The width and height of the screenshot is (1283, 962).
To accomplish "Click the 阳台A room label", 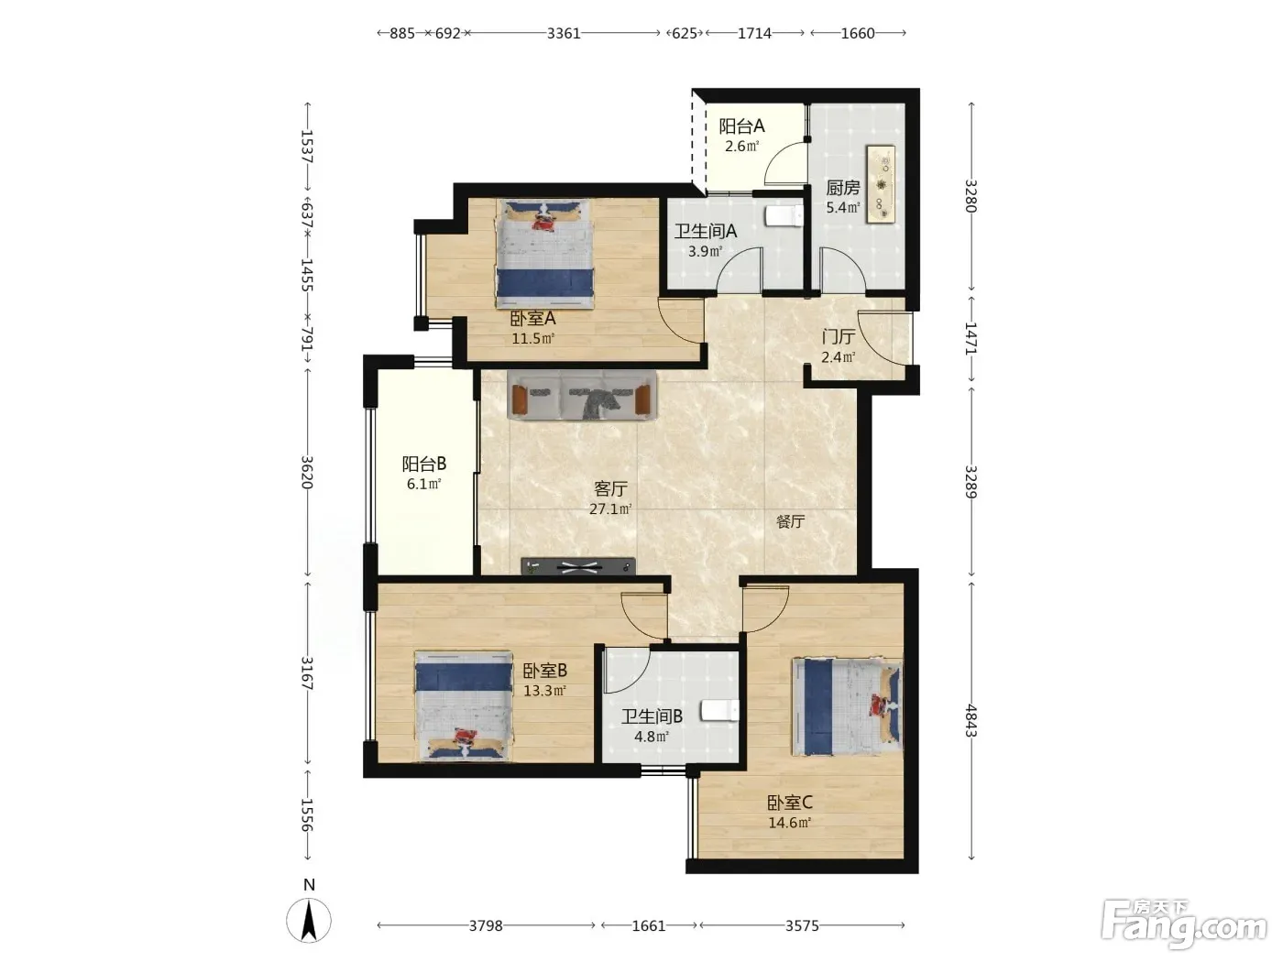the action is (741, 126).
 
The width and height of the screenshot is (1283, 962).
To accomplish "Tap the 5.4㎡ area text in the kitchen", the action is (842, 207).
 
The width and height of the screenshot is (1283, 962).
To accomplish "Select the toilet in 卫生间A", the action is (784, 215).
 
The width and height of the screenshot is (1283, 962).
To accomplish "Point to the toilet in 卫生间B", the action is (720, 711).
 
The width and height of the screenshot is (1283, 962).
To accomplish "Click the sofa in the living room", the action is (582, 395).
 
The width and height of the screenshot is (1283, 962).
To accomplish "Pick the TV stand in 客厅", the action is (578, 566).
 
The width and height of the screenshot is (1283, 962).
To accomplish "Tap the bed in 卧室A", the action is (544, 254).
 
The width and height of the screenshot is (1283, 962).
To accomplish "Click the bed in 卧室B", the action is (464, 706).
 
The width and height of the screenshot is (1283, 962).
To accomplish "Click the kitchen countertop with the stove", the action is (881, 184).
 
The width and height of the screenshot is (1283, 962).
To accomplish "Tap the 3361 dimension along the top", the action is (564, 33).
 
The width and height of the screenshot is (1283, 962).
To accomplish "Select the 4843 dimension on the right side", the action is (970, 720).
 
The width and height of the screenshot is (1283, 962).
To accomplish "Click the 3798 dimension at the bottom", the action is (486, 925).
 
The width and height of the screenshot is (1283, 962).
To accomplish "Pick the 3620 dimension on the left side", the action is (307, 472).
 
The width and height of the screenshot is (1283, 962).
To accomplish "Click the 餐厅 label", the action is (790, 521).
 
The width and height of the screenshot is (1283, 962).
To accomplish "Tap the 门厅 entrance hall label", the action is (839, 337).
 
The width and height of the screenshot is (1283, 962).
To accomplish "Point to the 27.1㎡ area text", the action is (610, 508).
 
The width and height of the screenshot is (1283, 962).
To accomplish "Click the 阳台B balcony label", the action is (423, 464).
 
